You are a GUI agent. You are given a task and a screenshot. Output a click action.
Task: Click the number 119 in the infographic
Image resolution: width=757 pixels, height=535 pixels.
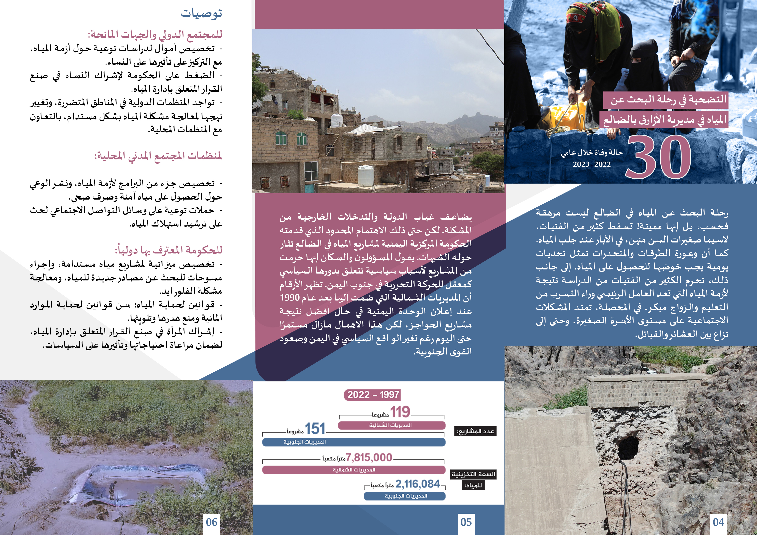[x=400, y=412]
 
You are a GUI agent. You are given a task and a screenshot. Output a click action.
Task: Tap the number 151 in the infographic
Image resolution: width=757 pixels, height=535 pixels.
[x=315, y=428]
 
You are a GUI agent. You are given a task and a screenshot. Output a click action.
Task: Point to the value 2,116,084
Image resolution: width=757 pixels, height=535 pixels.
[x=417, y=484]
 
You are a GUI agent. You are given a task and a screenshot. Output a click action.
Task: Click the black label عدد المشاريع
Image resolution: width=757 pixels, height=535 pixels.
[x=475, y=431]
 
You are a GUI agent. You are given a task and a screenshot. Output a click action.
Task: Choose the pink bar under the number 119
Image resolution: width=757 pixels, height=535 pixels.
[x=391, y=425]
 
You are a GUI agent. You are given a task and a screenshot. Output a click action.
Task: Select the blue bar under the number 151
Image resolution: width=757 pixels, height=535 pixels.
[x=354, y=442]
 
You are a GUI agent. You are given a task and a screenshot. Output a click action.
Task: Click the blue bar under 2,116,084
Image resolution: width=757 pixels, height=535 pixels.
[x=405, y=496]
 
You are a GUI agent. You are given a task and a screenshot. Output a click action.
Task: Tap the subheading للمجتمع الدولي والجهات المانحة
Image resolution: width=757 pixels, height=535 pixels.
[x=155, y=34]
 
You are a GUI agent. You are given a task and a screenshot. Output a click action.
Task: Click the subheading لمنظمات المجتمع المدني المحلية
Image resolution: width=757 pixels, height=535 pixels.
[x=158, y=156]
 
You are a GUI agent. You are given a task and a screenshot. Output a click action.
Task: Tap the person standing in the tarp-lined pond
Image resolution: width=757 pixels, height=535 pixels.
[x=113, y=489]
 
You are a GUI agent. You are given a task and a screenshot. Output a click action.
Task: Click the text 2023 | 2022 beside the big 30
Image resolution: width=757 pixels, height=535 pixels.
[x=592, y=164]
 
